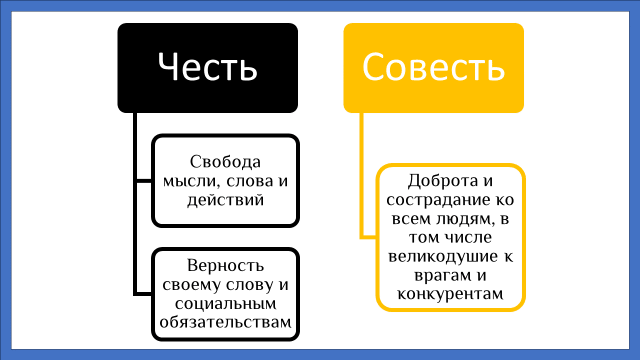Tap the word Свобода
[x=225, y=162]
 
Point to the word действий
[x=225, y=200]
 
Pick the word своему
[x=190, y=284]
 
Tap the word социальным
[x=225, y=303]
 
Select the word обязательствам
[x=225, y=321]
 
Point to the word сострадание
[x=439, y=200]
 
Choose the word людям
[x=464, y=219]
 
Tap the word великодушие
[x=439, y=257]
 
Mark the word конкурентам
[x=450, y=294]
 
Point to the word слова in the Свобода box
[x=246, y=181]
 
